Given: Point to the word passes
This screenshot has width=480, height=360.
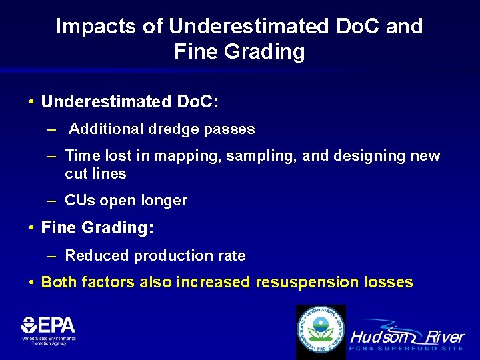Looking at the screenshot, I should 230,129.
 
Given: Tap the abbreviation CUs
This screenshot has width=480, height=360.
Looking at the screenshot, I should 79,201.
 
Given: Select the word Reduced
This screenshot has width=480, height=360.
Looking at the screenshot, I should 97,256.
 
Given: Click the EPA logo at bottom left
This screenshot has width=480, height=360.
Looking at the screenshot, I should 48,329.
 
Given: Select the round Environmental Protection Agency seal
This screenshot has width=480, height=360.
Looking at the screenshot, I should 321,331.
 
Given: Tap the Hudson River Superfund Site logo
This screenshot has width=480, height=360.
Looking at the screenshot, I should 407,337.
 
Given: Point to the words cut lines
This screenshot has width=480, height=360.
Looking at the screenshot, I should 95,174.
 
